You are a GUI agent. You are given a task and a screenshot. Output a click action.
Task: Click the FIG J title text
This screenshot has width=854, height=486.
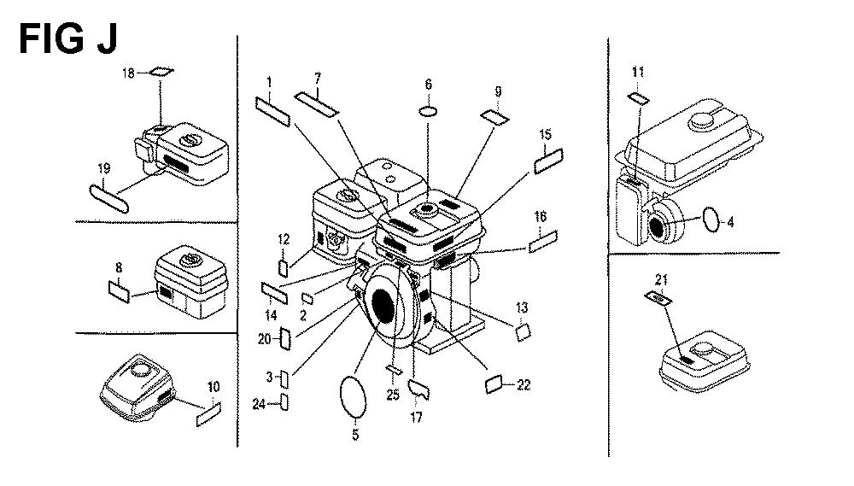pos(68,38)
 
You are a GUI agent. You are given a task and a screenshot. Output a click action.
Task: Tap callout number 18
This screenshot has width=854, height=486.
pos(129,73)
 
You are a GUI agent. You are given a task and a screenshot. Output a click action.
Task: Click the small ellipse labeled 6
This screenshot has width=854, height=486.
pos(429,111)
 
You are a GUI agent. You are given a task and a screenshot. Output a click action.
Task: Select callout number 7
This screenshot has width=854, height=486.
pos(318,78)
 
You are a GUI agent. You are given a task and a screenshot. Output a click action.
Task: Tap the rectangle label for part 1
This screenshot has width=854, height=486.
pos(274,109)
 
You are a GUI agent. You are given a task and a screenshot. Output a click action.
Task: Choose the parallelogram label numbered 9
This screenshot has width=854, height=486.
pos(494,116)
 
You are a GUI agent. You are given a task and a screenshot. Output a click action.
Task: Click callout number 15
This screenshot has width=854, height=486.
pos(546,135)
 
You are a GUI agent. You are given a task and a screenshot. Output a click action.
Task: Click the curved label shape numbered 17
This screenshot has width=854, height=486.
pos(419,389)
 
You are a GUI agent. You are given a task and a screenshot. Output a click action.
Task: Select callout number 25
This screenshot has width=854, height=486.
pos(393,395)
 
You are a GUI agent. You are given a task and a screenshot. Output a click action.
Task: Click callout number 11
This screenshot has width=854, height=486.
pos(639,72)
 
